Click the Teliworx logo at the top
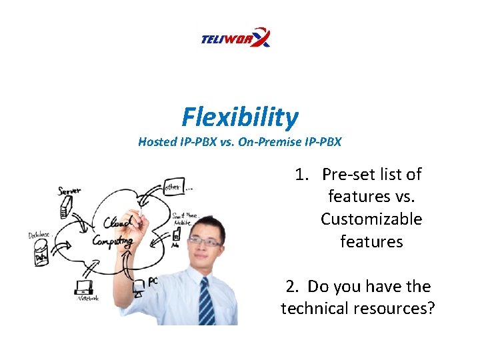(x=235, y=38)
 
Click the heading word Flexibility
(x=240, y=118)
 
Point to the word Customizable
(x=371, y=219)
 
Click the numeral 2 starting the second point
(x=291, y=287)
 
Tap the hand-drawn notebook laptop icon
(x=84, y=289)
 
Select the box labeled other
(x=173, y=186)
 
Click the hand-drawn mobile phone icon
(x=176, y=234)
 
